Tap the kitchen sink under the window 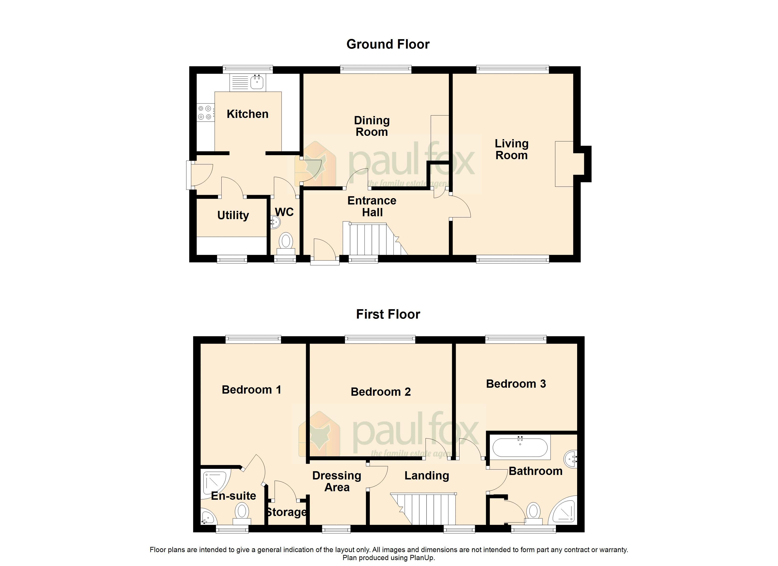(x=257, y=82)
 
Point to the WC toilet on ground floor (x=286, y=242)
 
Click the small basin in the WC (x=275, y=222)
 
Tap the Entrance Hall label (x=372, y=206)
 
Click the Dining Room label (x=372, y=126)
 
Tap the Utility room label (x=233, y=215)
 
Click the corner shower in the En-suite (x=215, y=484)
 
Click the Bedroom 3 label (x=516, y=384)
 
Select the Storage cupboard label (x=286, y=512)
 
